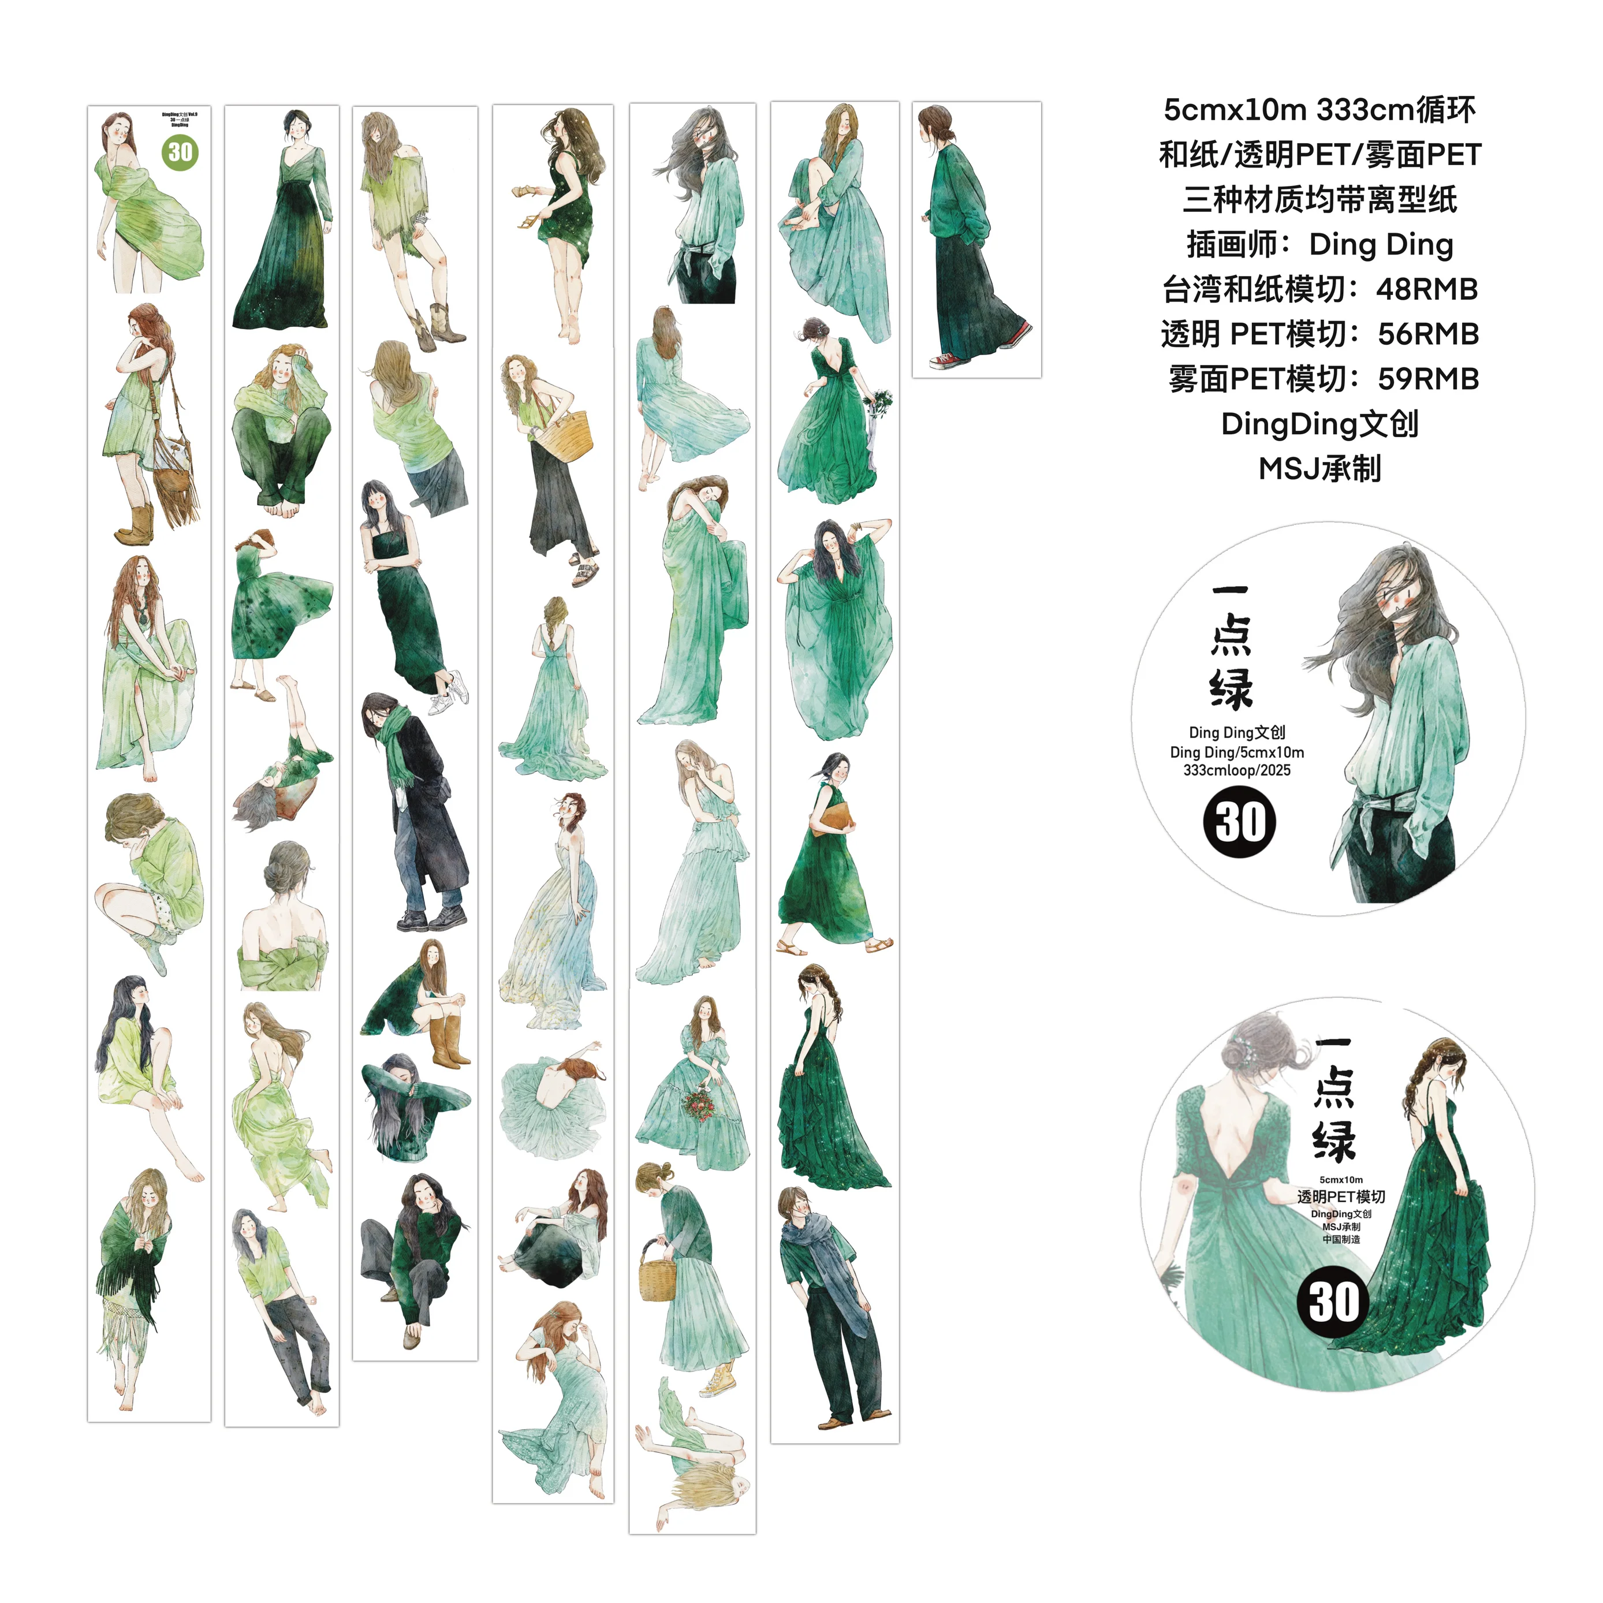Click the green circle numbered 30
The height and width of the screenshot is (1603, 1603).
tap(180, 152)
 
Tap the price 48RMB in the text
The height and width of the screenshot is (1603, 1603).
tap(1426, 289)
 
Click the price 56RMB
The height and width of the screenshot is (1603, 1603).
tap(1428, 334)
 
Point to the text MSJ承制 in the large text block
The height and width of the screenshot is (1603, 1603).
tap(1319, 469)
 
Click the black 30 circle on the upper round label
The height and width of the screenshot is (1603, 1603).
tap(1240, 821)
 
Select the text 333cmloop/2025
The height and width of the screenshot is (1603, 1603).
tap(1236, 770)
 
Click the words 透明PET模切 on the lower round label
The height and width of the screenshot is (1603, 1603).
tap(1341, 1196)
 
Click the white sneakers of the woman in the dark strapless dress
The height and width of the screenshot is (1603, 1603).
tap(450, 694)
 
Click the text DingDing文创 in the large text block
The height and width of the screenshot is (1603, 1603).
tap(1319, 424)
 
